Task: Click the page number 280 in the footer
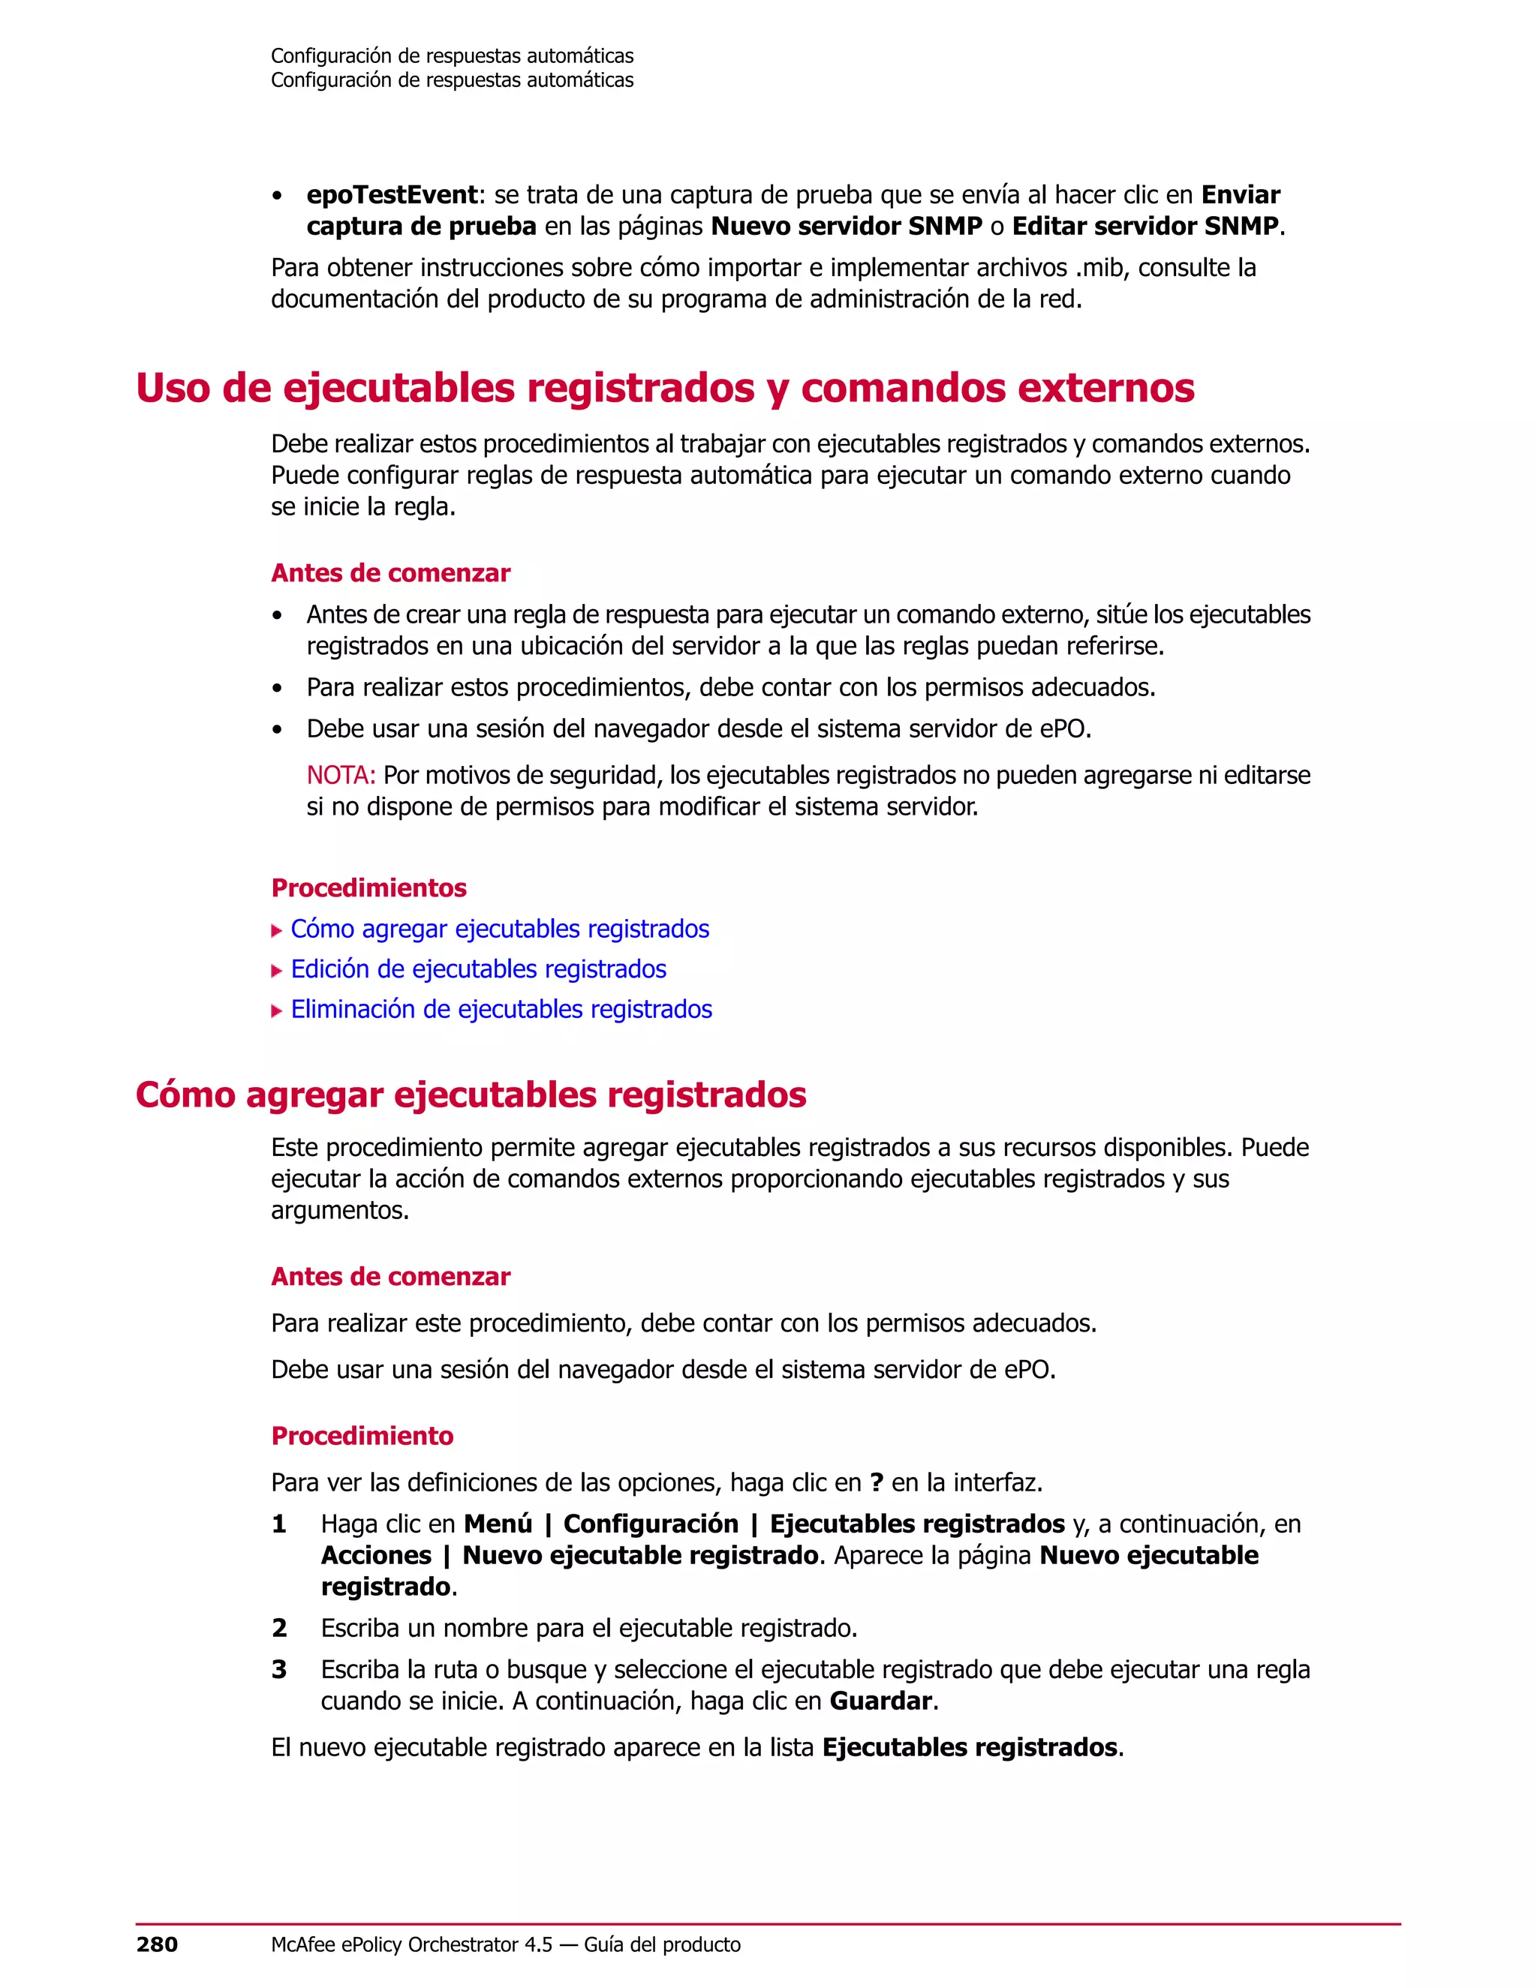tap(157, 1944)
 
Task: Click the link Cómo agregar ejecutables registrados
tap(499, 929)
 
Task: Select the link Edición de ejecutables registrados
tap(478, 968)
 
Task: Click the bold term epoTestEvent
tap(392, 195)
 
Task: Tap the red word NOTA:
tap(341, 776)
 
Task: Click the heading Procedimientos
tap(368, 887)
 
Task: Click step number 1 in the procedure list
tap(279, 1524)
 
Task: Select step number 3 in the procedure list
tap(279, 1669)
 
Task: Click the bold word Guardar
tap(880, 1701)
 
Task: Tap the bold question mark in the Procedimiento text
tap(876, 1483)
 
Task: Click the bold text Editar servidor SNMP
tap(1144, 226)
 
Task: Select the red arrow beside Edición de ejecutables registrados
tap(277, 970)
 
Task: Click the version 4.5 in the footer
tap(538, 1944)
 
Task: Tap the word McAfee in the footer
tap(303, 1944)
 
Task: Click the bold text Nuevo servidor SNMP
tap(846, 226)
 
